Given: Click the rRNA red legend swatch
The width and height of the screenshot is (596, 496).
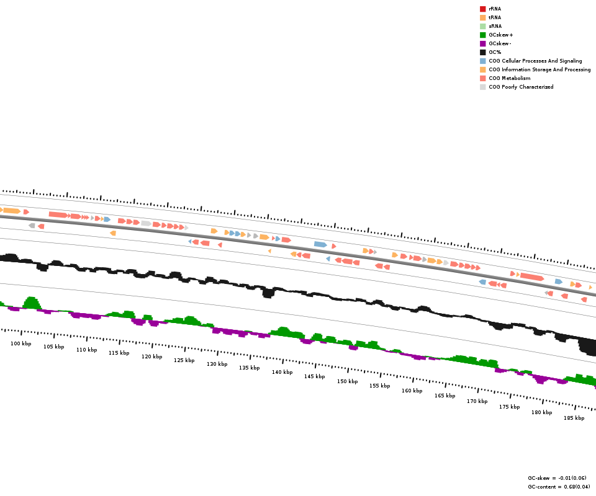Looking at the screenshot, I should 482,9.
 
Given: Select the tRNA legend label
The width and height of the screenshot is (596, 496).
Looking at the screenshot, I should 495,17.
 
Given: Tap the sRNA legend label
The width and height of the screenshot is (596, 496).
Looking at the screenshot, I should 495,26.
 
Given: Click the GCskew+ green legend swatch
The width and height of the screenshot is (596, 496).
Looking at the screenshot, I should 482,35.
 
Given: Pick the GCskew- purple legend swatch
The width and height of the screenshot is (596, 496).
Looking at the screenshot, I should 482,43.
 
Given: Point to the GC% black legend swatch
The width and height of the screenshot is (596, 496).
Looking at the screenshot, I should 482,52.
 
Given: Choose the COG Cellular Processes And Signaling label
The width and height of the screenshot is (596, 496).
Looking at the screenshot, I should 535,61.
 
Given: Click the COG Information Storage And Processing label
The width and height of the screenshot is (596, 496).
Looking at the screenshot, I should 540,69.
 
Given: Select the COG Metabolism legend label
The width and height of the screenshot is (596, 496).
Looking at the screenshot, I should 509,78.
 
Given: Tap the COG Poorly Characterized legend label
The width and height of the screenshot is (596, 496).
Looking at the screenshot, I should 521,87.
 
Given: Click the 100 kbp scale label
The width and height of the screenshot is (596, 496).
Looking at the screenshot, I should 20,343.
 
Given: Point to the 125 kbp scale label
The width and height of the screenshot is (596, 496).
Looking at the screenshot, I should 184,360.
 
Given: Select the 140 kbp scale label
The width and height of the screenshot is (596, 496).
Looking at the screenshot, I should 282,372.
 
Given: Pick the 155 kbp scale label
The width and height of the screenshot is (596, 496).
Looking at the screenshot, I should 379,386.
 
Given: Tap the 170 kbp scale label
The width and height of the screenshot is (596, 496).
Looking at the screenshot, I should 477,401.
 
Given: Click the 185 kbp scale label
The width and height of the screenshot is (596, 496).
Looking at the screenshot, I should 574,418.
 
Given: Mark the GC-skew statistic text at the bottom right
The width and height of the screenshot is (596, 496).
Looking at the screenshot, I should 557,478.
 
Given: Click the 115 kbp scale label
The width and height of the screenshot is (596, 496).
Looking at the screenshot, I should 119,353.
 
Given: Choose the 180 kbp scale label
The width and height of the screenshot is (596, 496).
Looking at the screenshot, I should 541,412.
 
